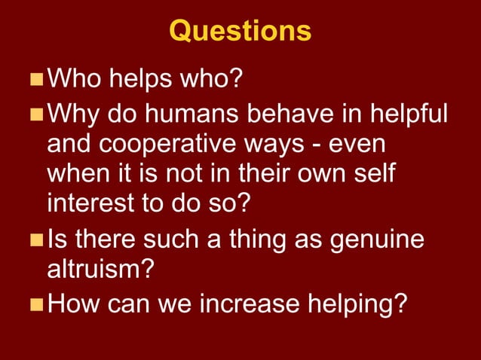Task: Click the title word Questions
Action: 240,31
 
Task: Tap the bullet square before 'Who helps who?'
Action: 36,78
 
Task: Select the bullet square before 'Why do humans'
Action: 36,114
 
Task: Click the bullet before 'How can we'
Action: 36,305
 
